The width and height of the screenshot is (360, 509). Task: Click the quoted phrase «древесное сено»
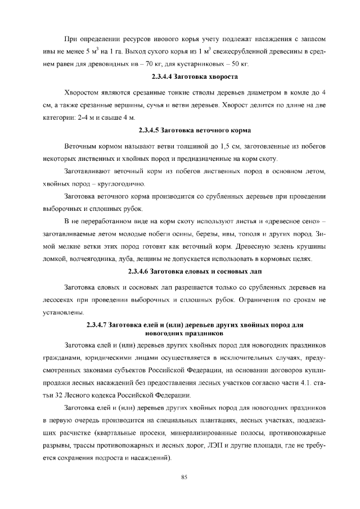[290, 220]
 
